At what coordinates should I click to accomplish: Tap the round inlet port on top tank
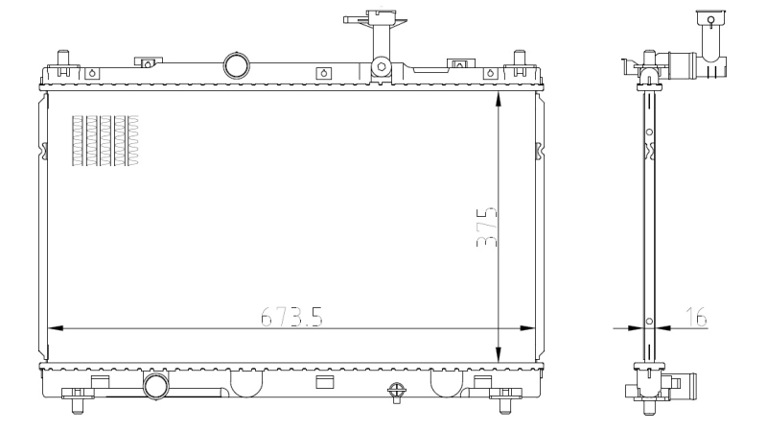(x=235, y=65)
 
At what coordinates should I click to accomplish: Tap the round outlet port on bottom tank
(x=154, y=386)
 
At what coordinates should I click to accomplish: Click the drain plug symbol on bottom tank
(x=396, y=390)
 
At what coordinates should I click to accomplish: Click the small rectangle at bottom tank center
(x=324, y=380)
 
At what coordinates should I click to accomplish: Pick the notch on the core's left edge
(x=45, y=151)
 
